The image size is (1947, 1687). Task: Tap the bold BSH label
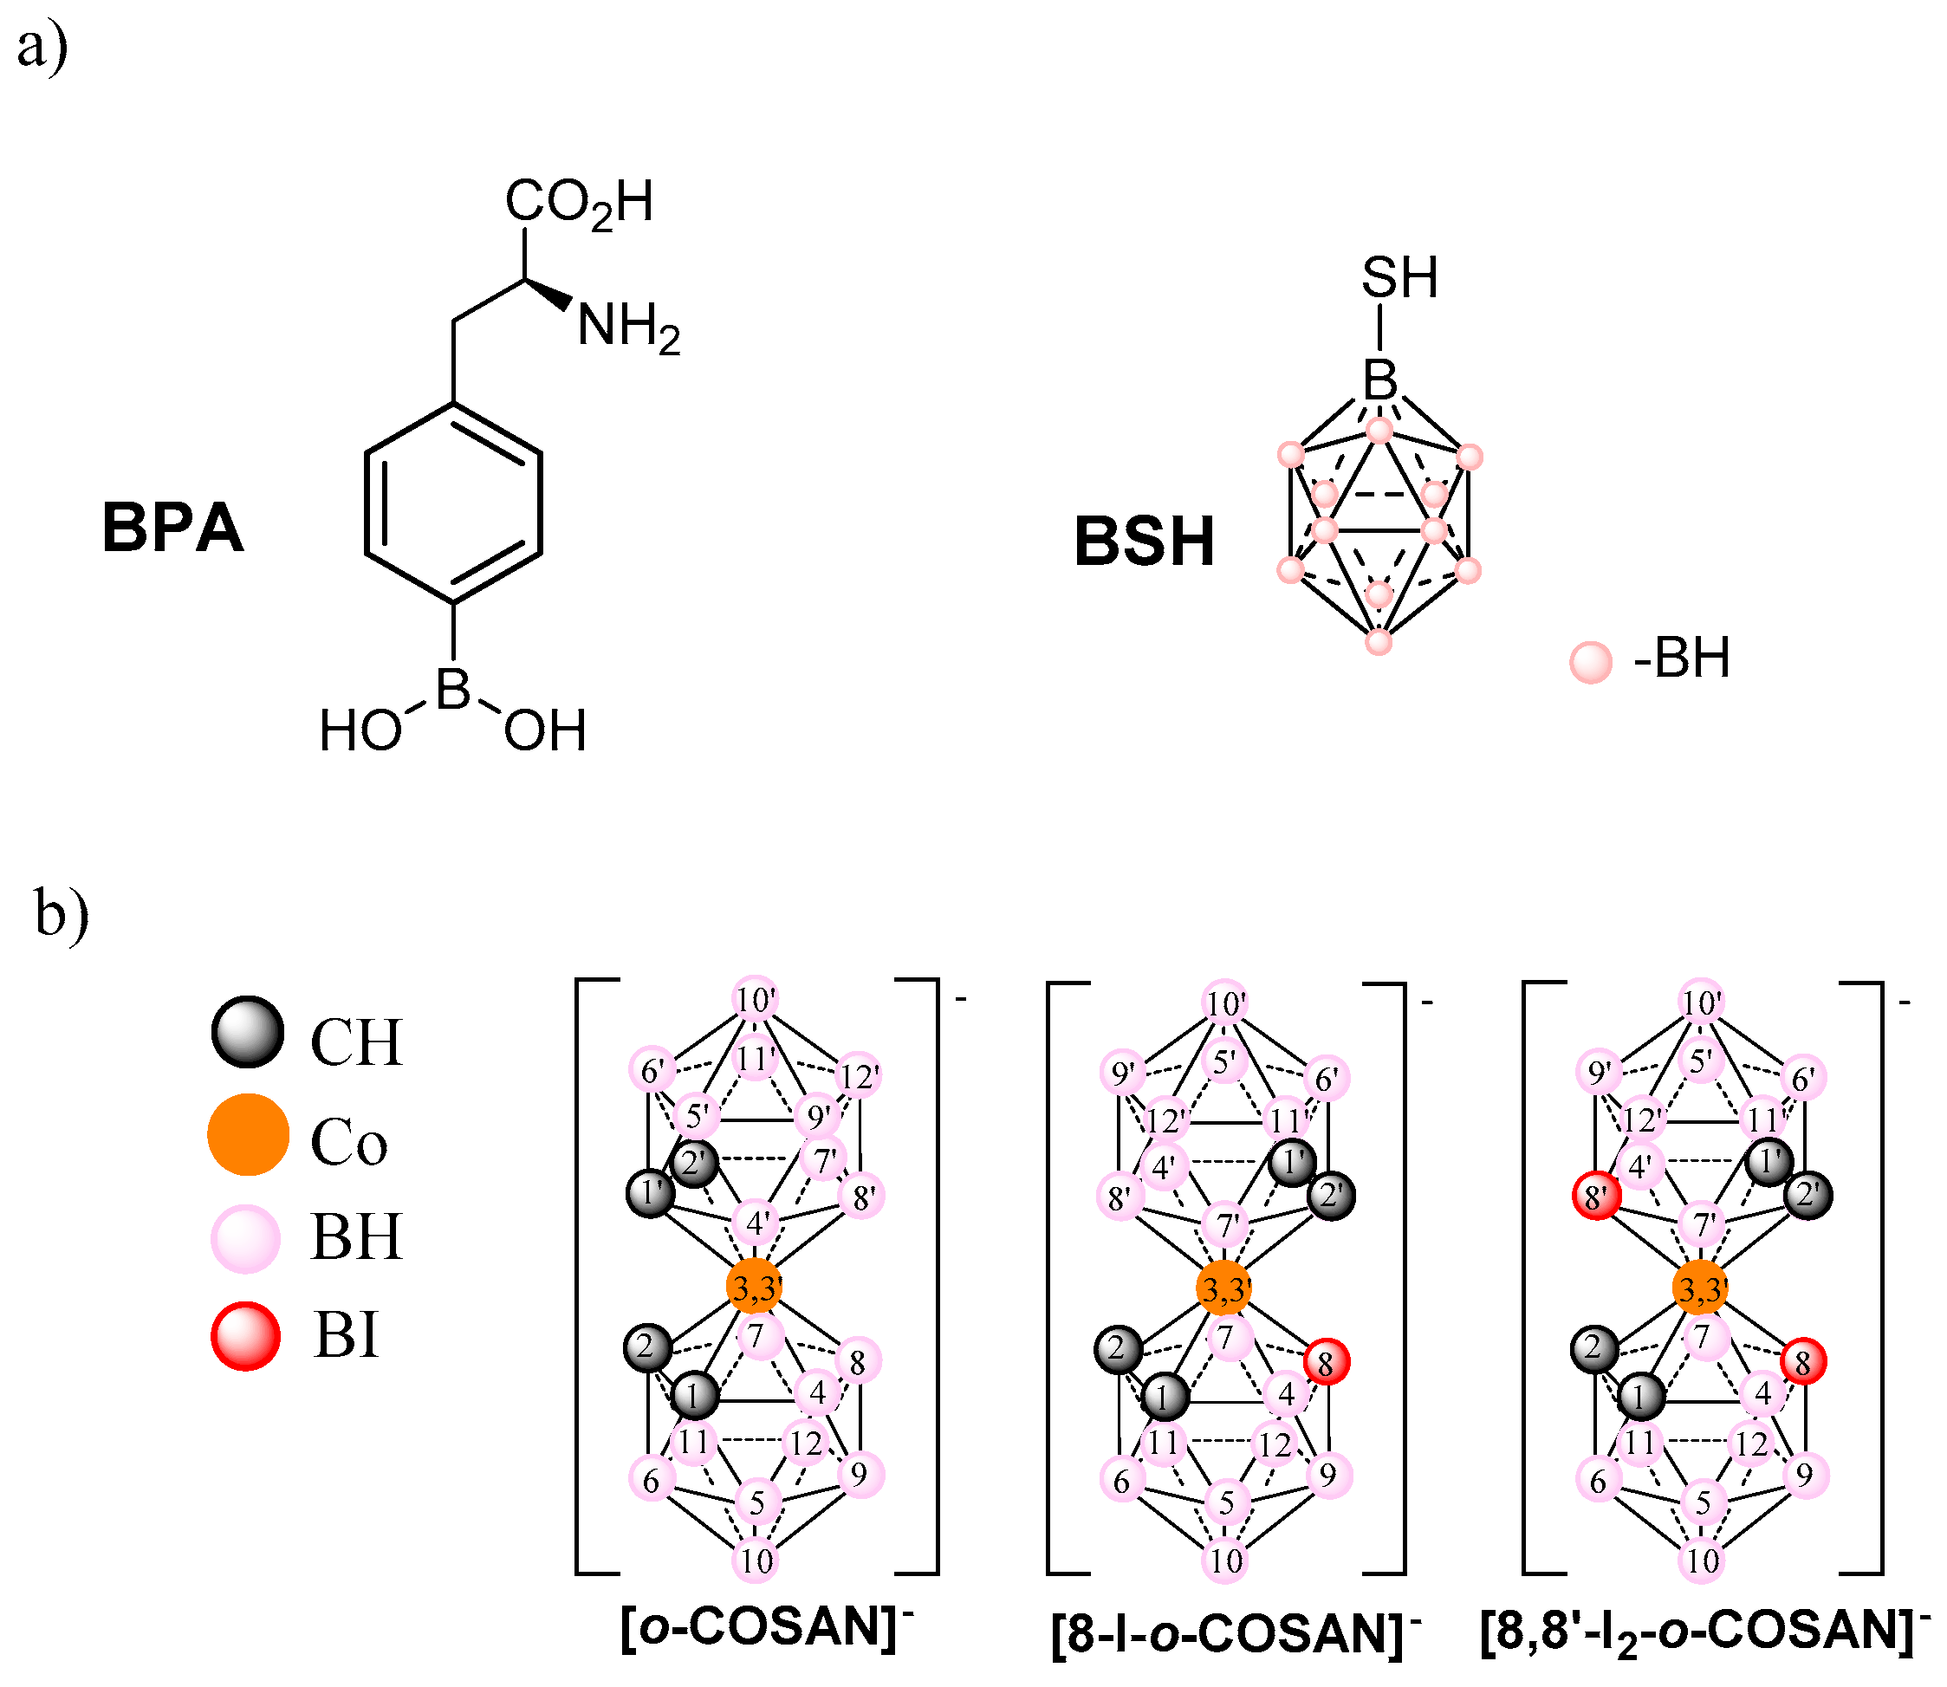1144,542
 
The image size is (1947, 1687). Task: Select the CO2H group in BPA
578,203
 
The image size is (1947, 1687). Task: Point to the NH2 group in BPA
628,328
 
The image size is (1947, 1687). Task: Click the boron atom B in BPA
453,689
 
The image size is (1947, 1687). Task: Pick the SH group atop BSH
1399,279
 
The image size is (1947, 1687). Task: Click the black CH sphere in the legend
247,1032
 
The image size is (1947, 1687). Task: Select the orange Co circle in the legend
248,1134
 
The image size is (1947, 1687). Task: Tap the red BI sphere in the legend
246,1336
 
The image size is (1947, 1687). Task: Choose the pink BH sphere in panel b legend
246,1238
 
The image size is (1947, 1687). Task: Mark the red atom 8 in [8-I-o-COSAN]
1327,1361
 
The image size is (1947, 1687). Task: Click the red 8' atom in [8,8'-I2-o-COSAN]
1596,1198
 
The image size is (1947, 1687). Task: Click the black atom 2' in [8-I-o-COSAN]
1331,1196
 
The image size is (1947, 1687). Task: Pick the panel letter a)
42,47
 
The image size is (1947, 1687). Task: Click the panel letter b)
62,913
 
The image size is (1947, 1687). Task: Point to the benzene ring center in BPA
453,503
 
